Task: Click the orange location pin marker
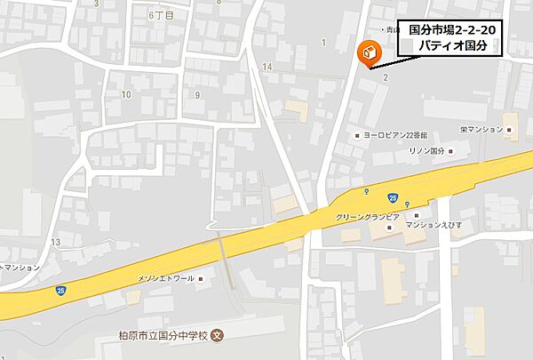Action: click(x=364, y=54)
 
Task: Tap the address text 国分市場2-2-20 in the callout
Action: click(x=450, y=29)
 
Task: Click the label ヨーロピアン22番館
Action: click(x=395, y=134)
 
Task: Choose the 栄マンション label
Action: click(x=481, y=129)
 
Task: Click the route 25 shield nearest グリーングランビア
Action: click(x=392, y=196)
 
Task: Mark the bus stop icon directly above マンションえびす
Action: click(x=408, y=205)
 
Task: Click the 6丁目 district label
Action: click(x=160, y=15)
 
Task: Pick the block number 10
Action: click(x=126, y=93)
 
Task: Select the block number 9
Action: click(x=196, y=93)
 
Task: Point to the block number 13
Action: click(x=55, y=242)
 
